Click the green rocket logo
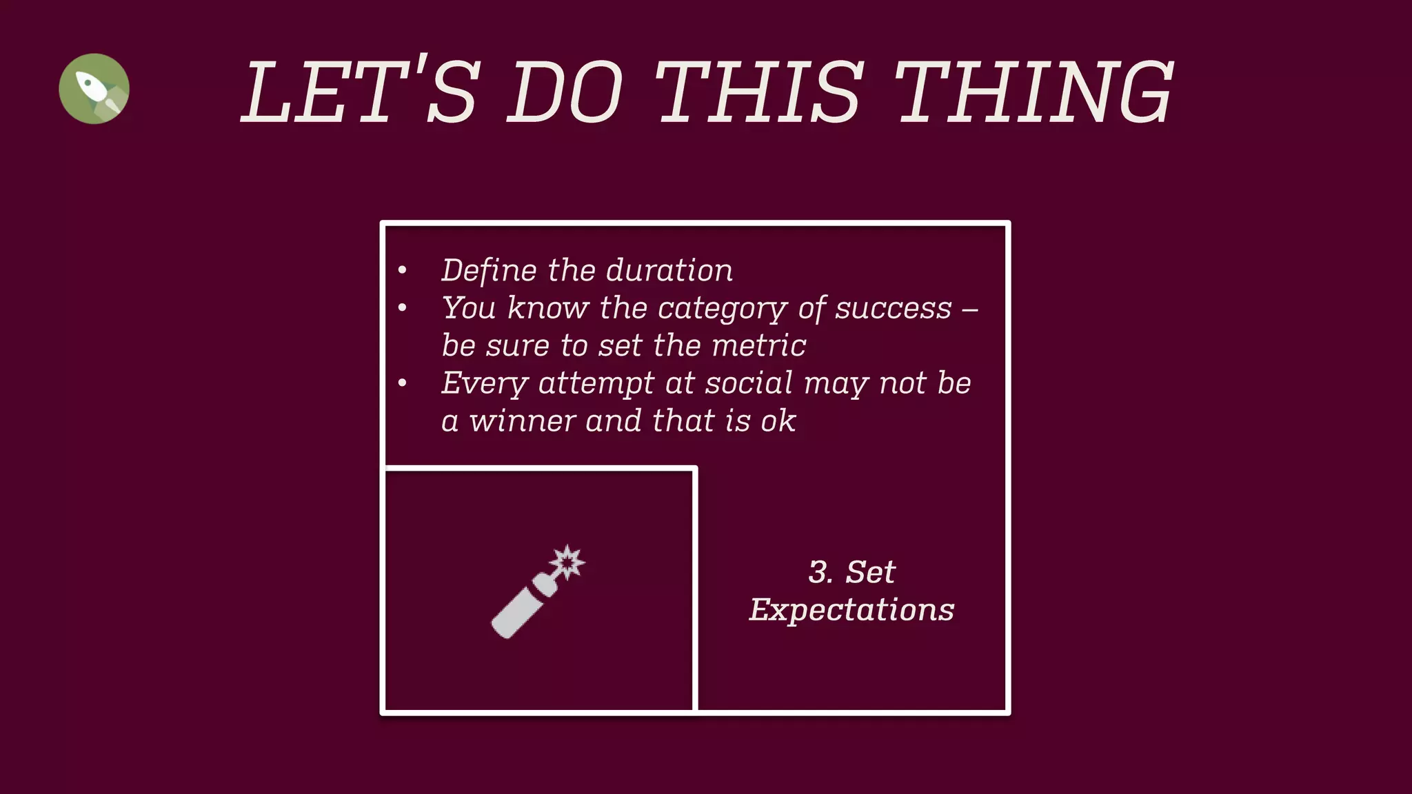pos(94,89)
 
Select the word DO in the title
pos(565,92)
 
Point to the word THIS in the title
pos(758,92)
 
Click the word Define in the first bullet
pos(488,270)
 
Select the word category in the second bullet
pos(722,308)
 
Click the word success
pos(893,308)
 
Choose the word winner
pos(521,421)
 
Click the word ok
pos(778,421)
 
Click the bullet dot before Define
pos(403,270)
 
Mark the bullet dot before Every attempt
pos(403,383)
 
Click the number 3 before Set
pos(819,572)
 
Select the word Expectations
pos(851,610)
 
